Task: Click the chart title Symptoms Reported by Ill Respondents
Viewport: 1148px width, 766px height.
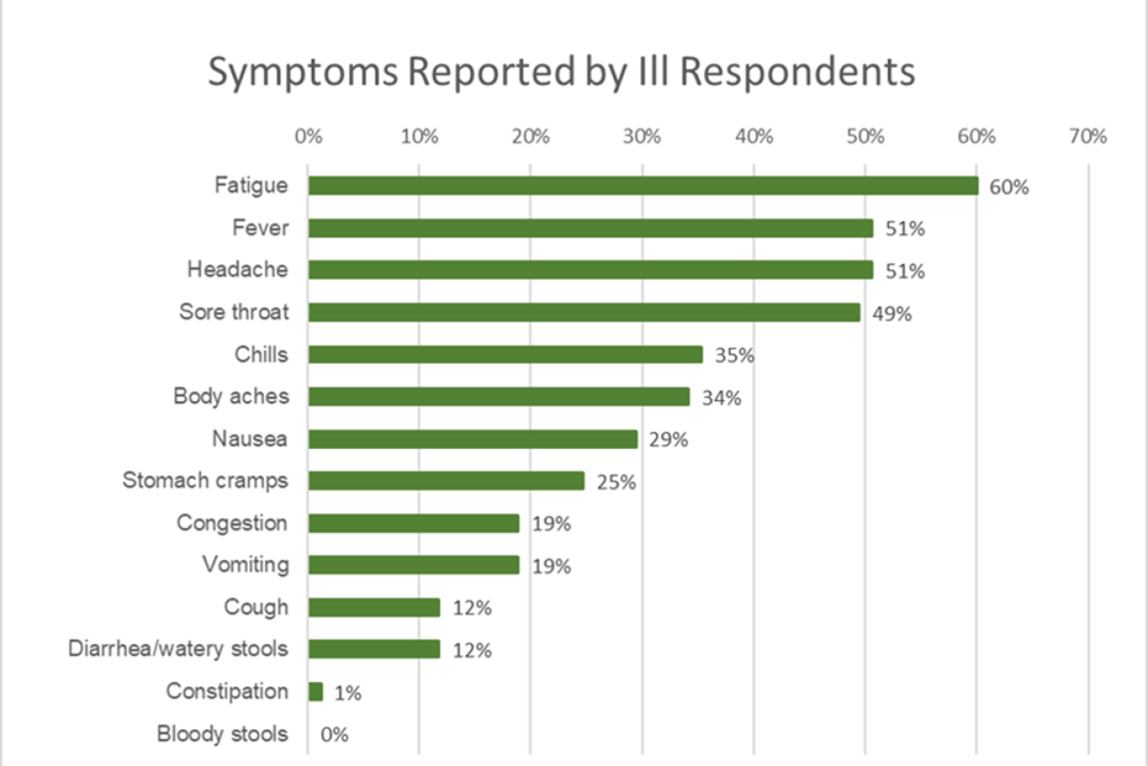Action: [561, 72]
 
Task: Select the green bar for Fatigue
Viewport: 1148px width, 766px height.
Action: [643, 186]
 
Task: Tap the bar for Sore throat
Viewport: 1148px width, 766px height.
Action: [584, 312]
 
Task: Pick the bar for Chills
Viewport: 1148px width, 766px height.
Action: [505, 354]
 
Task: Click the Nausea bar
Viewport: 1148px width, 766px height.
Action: [472, 439]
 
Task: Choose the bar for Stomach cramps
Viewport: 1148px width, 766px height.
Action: [446, 481]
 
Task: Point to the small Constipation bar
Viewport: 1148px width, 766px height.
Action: [315, 692]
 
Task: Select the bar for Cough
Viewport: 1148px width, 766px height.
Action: [374, 608]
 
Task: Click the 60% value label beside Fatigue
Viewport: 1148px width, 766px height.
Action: [1009, 186]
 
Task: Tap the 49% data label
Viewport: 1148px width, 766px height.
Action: [892, 313]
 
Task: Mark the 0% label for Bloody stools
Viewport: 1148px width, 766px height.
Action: [335, 734]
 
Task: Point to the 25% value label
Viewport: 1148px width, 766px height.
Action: [616, 482]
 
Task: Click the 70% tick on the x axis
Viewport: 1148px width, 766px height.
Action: [1087, 137]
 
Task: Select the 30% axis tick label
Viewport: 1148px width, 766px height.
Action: [642, 137]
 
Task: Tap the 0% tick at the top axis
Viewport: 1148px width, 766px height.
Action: [308, 137]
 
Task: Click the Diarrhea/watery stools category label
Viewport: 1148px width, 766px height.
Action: [178, 648]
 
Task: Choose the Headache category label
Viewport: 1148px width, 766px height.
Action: [238, 269]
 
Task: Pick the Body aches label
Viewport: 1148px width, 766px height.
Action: [231, 396]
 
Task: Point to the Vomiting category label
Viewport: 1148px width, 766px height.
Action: [245, 564]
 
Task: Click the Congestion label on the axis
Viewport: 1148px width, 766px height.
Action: [232, 522]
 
